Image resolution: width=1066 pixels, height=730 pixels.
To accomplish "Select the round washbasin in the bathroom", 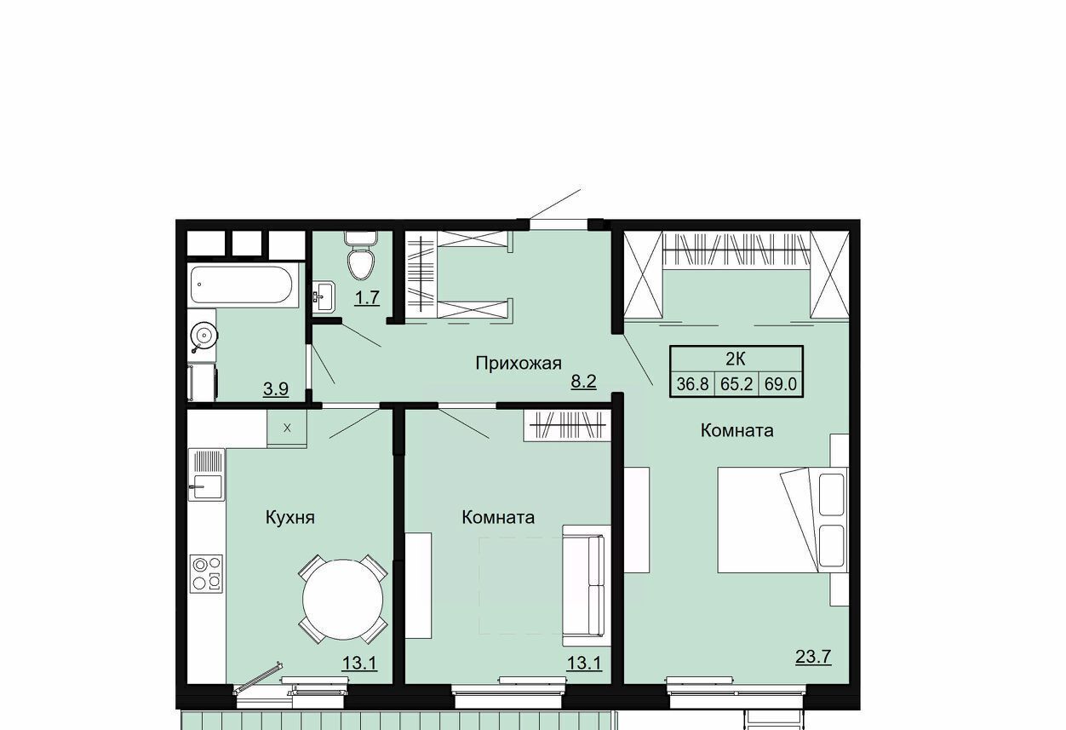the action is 203,336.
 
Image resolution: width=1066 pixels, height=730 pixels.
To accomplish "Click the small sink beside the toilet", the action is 324,296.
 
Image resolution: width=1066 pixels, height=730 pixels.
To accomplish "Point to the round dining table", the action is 342,600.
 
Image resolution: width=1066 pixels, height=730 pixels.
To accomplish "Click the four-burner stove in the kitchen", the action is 207,574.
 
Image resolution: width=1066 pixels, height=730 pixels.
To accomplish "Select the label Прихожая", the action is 519,364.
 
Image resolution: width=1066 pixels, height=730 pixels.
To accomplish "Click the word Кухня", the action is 289,517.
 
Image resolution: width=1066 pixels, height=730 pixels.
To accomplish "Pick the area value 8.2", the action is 583,382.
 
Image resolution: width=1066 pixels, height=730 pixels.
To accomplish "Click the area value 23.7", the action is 813,657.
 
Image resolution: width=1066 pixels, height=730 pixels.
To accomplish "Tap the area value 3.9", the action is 276,389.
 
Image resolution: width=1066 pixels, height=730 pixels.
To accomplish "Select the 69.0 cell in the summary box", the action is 781,384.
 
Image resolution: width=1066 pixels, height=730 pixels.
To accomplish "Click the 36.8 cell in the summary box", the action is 692,384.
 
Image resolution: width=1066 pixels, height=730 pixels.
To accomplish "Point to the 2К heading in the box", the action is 736,359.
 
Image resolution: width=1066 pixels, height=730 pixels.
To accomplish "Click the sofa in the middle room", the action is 587,585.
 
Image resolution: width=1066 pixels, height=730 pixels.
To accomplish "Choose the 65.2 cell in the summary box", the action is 736,384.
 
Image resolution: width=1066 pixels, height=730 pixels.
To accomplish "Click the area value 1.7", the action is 367,297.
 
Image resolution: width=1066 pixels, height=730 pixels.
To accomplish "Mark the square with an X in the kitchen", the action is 287,428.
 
